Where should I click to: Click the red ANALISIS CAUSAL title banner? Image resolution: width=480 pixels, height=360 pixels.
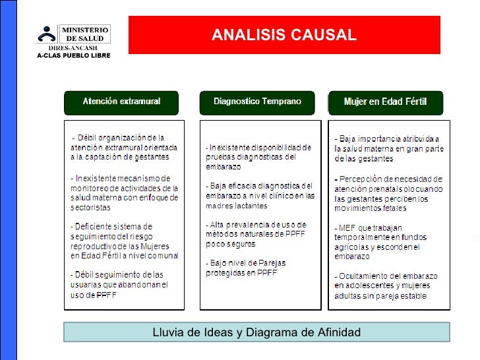click(284, 35)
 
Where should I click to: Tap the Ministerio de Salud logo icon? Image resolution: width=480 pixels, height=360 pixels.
click(47, 35)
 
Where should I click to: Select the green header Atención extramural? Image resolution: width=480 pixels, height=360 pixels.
click(121, 102)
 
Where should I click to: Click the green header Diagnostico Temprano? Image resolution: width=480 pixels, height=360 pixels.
click(257, 102)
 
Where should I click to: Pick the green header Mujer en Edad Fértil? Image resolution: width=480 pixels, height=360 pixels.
click(386, 102)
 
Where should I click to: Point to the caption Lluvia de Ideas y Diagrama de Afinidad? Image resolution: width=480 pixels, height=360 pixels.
click(256, 332)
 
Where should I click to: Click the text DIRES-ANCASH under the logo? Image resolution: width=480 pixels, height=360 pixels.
click(74, 48)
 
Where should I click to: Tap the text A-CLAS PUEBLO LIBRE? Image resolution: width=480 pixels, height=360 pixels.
click(74, 55)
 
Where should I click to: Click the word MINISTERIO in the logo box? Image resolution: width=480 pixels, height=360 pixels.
click(86, 30)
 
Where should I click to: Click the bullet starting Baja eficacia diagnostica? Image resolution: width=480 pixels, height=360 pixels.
click(260, 195)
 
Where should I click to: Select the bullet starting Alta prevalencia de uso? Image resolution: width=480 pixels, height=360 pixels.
click(256, 233)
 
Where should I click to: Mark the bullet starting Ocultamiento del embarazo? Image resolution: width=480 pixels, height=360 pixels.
click(382, 285)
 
